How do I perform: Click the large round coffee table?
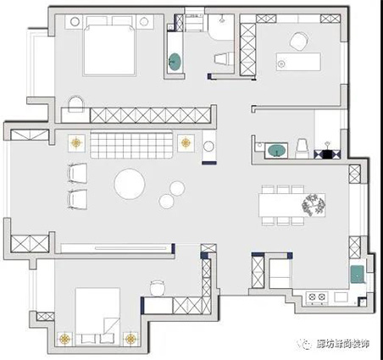tap(130, 184)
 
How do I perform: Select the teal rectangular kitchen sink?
tap(358, 274)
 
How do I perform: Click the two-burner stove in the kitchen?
tap(317, 296)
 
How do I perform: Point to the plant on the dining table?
tap(313, 205)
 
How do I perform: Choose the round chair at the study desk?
tap(299, 42)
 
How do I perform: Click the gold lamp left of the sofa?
tap(76, 143)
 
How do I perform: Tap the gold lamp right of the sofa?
tap(186, 142)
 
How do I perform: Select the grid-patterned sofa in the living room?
tap(131, 145)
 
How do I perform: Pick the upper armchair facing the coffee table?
tap(77, 174)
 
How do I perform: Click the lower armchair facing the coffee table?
tap(77, 199)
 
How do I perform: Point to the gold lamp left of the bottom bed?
tap(65, 339)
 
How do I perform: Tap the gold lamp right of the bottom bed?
tap(130, 339)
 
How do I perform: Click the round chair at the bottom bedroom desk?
tap(158, 288)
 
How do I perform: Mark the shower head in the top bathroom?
tap(222, 18)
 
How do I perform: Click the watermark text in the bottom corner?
tap(342, 344)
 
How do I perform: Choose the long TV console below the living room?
tap(116, 248)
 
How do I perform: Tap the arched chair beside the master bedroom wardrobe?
tap(76, 104)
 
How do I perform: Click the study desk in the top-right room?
tap(298, 61)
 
